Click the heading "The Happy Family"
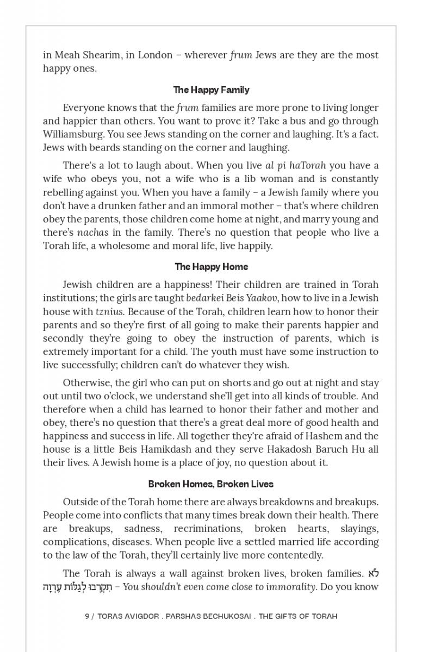pos(211,90)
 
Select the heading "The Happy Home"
pos(211,267)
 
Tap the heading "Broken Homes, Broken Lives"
pos(211,484)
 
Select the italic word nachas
pos(92,233)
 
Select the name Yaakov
pos(262,298)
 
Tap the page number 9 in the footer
pos(87,616)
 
